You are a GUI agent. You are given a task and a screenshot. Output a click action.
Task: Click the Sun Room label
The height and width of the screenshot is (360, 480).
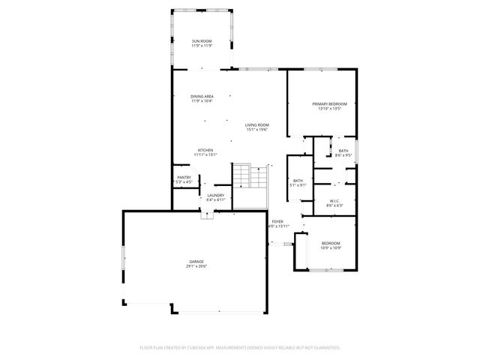(x=202, y=41)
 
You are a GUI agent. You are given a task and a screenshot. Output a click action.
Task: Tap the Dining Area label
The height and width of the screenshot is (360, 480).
(x=202, y=96)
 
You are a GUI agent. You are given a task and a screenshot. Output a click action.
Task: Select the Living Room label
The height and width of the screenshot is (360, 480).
(x=257, y=124)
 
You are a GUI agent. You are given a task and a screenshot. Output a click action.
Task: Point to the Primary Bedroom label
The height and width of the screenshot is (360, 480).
(x=330, y=103)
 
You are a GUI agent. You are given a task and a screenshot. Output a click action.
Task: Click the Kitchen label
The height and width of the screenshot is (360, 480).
(x=205, y=150)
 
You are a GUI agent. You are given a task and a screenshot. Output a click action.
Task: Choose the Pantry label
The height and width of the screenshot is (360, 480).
(x=184, y=178)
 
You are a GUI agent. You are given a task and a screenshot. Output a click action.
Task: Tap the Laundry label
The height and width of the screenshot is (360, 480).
(x=216, y=196)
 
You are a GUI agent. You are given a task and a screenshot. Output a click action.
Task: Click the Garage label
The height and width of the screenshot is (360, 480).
(x=197, y=261)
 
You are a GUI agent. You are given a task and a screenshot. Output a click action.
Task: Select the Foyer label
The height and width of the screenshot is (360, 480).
(x=277, y=222)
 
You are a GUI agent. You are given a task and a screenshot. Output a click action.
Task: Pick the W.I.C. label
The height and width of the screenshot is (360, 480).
(x=335, y=200)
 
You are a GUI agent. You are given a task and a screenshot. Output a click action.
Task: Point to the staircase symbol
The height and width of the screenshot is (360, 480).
(x=250, y=177)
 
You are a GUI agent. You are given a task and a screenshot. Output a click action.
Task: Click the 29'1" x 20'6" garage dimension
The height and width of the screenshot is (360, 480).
(x=197, y=266)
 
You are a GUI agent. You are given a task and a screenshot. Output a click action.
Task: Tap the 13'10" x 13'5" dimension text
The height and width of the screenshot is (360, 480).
(x=330, y=109)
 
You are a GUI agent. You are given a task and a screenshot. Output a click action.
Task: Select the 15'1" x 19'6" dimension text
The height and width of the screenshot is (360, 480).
(x=257, y=130)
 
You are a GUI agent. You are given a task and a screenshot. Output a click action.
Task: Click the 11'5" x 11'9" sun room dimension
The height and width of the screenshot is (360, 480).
(x=202, y=46)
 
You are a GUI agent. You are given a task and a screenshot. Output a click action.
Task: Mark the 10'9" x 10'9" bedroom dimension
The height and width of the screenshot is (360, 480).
(x=331, y=248)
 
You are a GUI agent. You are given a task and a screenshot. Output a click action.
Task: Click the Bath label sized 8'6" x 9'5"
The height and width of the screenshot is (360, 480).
(x=343, y=151)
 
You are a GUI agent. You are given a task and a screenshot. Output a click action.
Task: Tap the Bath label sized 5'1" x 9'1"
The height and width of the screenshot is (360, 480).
(x=298, y=180)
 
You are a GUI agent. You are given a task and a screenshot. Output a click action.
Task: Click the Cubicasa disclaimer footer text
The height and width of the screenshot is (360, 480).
(x=240, y=347)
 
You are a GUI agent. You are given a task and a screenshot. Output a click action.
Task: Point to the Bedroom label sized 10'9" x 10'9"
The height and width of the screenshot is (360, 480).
(x=331, y=243)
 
